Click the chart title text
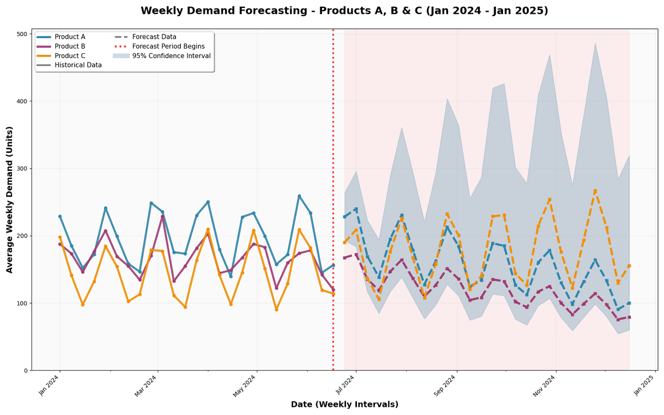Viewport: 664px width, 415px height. click(344, 11)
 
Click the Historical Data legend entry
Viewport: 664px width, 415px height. click(78, 65)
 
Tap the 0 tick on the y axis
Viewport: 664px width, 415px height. click(25, 371)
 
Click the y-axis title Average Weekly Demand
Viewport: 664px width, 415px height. click(10, 199)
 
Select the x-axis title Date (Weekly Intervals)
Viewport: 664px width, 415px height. click(344, 404)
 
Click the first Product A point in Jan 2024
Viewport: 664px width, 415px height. click(60, 216)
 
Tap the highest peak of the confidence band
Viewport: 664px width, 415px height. click(595, 43)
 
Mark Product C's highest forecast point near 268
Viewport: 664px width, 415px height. click(595, 190)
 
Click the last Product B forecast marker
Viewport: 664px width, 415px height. click(629, 317)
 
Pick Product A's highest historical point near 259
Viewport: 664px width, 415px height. click(299, 196)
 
